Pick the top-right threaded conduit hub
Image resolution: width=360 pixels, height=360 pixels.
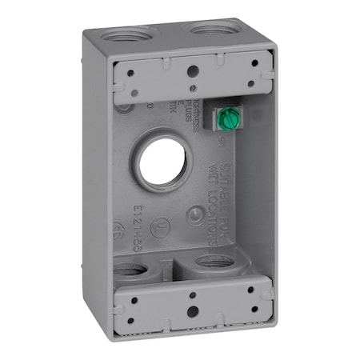pyautogui.click(x=210, y=31)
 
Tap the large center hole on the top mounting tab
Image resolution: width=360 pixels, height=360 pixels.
pyautogui.click(x=193, y=70)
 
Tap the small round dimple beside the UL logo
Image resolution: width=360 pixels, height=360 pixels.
pyautogui.click(x=194, y=215)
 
